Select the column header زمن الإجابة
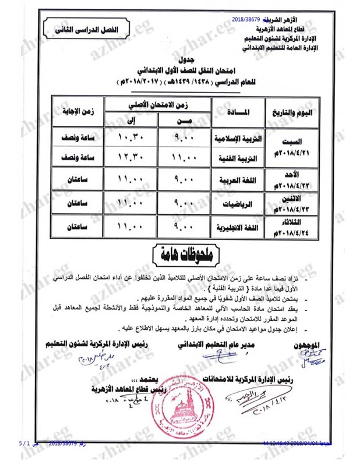[x=73, y=111]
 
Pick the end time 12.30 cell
[x=129, y=157]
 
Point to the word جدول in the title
[x=185, y=59]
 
